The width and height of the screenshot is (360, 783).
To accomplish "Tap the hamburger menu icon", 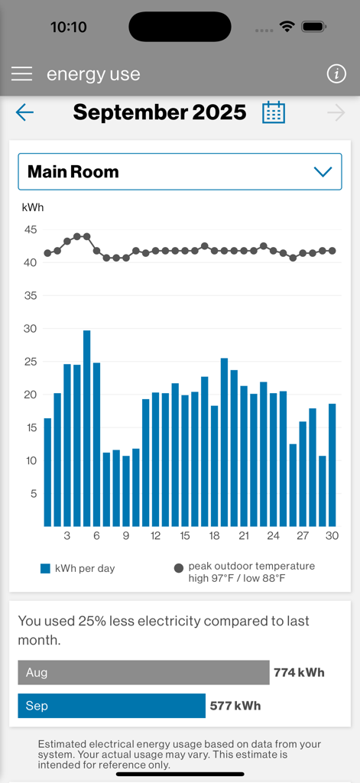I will pos(21,73).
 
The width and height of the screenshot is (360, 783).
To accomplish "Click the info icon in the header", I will pos(336,73).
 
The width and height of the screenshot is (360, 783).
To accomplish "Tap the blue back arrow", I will pos(24,113).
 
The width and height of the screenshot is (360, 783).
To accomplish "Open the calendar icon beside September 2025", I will pos(274,112).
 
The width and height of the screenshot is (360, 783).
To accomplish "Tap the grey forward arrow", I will pos(336,113).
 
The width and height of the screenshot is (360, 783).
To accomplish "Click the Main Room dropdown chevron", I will pos(323,172).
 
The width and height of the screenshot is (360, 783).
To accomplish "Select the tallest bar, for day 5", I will pos(87,428).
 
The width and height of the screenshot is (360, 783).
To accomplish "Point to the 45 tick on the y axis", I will pos(30,229).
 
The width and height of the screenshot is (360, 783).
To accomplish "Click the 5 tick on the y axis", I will pos(33,494).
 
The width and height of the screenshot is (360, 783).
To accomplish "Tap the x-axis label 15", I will pos(185,536).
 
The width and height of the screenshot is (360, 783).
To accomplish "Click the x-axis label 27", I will pos(303,536).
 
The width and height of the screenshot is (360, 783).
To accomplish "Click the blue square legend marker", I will pos(45,568).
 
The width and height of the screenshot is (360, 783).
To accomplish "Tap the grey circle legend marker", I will pos(179,568).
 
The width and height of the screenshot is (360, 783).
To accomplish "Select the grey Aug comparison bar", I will pos(144,673).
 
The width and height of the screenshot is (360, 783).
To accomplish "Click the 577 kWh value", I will pos(235,706).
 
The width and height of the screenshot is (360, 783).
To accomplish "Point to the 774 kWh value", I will pos(299,673).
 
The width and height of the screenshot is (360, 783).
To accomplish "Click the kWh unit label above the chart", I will pos(33,207).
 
